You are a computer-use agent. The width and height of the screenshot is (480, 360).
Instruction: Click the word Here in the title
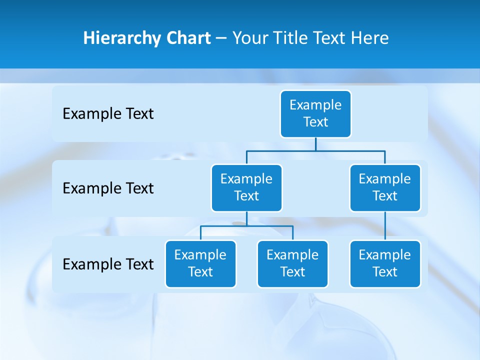(369, 38)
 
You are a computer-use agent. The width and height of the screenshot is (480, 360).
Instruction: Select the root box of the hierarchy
(315, 114)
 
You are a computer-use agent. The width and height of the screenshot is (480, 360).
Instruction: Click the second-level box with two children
(246, 188)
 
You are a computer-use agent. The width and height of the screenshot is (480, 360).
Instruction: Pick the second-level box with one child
(385, 188)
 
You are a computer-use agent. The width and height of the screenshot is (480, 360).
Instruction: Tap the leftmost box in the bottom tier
(200, 264)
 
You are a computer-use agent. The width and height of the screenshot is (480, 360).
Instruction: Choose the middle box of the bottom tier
(292, 264)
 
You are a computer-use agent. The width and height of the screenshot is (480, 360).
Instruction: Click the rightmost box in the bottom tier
(385, 264)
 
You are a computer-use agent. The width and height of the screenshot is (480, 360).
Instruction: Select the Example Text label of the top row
(108, 114)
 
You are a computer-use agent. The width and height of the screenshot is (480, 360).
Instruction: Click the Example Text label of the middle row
(108, 188)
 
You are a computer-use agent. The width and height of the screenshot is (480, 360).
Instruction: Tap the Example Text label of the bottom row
(108, 264)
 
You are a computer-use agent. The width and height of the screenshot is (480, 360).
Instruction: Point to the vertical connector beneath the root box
(315, 144)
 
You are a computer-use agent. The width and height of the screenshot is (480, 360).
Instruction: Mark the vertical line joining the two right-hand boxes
(385, 226)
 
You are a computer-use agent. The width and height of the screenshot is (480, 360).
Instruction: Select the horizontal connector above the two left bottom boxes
(246, 226)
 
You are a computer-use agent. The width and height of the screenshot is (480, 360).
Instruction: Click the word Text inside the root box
(315, 122)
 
